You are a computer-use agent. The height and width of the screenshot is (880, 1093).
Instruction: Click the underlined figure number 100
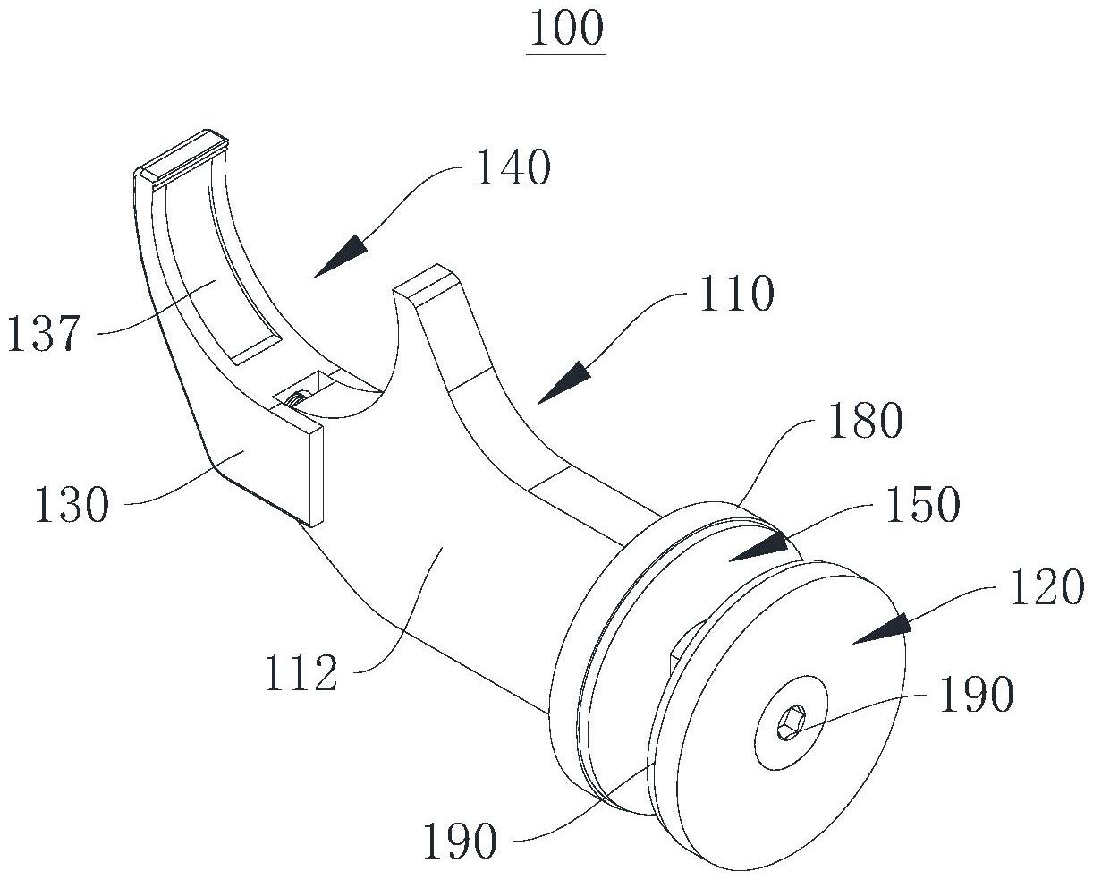click(x=566, y=30)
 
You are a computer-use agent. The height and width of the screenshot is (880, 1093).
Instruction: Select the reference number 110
click(x=734, y=293)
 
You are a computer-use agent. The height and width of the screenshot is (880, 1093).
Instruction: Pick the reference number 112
click(x=301, y=673)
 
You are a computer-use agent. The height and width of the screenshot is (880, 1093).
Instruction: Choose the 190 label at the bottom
click(x=460, y=842)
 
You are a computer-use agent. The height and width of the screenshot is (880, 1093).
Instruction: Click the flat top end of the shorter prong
click(x=428, y=279)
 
